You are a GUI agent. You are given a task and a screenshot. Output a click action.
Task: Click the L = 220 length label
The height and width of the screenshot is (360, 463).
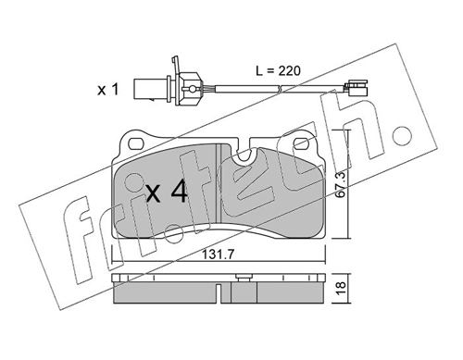pyautogui.click(x=278, y=70)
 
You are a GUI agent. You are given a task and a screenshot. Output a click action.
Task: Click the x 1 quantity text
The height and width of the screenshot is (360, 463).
pyautogui.click(x=108, y=90)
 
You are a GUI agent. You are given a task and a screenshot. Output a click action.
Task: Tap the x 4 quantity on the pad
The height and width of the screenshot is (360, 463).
pyautogui.click(x=167, y=192)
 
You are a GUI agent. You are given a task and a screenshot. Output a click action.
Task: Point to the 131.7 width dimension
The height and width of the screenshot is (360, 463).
pyautogui.click(x=219, y=254)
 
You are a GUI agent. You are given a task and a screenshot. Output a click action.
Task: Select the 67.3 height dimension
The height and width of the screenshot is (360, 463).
pyautogui.click(x=342, y=185)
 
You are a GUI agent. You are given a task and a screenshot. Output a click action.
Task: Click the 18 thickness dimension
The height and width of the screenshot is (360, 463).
pyautogui.click(x=342, y=289)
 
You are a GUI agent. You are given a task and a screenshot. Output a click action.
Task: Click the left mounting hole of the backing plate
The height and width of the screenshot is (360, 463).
pyautogui.click(x=136, y=143)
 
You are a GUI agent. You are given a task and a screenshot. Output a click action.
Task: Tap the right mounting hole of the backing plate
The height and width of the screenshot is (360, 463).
pyautogui.click(x=301, y=143)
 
